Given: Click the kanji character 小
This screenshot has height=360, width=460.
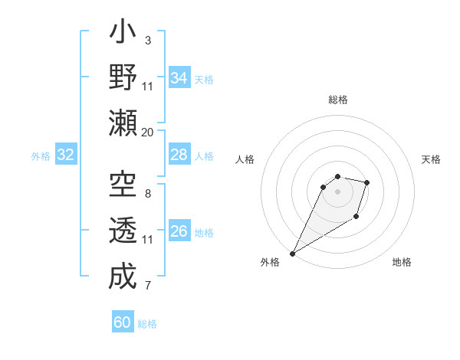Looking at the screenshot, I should (x=123, y=34).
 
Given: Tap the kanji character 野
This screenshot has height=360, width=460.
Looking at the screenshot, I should (x=123, y=77).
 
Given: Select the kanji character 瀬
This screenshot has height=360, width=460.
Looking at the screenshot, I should (x=123, y=123).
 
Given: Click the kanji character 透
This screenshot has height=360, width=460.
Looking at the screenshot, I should (x=123, y=231).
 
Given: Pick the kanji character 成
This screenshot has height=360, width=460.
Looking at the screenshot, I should (x=123, y=276).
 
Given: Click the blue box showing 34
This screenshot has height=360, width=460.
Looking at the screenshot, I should (x=179, y=77).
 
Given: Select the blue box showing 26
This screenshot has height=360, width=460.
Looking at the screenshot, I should (x=179, y=231).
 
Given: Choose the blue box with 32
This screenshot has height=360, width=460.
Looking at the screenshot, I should (x=66, y=155).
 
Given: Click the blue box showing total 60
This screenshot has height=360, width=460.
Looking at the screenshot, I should (x=123, y=322).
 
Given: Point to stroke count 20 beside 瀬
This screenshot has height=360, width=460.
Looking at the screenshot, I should (x=148, y=132).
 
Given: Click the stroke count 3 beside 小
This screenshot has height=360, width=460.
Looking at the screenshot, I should (x=147, y=40).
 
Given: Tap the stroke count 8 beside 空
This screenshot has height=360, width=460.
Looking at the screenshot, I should (x=147, y=194).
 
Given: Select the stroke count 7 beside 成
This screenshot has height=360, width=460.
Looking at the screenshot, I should (x=147, y=286).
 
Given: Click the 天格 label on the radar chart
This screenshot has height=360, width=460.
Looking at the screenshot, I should (x=431, y=159).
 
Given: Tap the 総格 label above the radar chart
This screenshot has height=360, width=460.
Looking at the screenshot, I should (x=338, y=100).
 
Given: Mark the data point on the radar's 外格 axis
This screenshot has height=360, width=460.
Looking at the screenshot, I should (x=292, y=253).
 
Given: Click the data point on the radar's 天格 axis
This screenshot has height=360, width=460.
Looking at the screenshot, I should (x=367, y=182).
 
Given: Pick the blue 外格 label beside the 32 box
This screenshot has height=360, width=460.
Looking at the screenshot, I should (x=41, y=156).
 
